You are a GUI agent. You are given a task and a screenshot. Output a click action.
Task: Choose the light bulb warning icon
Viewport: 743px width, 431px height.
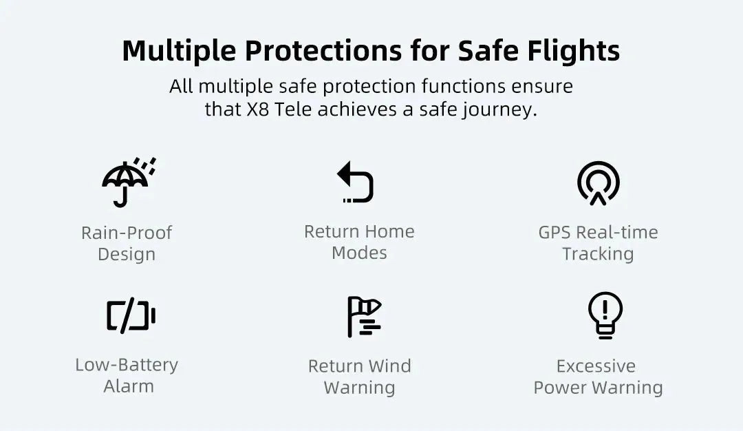coord(605,315)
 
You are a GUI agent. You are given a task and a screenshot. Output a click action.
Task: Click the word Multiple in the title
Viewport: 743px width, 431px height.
coord(179,52)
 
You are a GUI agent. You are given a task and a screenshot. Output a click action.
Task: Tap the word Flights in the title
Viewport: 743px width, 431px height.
coord(573,52)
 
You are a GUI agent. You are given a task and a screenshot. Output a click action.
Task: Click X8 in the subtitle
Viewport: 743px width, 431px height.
coord(258,109)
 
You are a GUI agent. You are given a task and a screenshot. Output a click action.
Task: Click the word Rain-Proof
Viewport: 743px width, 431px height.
coord(127,233)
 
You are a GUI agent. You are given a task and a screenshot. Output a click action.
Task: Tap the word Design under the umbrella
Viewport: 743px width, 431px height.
coord(127,255)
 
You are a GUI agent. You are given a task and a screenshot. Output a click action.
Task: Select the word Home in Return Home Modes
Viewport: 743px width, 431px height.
coord(388,231)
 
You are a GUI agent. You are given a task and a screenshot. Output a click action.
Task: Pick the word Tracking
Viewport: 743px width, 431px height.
coord(598,254)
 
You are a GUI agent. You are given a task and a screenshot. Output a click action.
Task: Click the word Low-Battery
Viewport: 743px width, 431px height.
coord(127,365)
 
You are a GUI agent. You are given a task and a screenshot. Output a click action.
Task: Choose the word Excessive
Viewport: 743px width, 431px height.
coord(596,366)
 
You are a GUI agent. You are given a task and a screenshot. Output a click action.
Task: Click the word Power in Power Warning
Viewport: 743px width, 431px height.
coord(561,388)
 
